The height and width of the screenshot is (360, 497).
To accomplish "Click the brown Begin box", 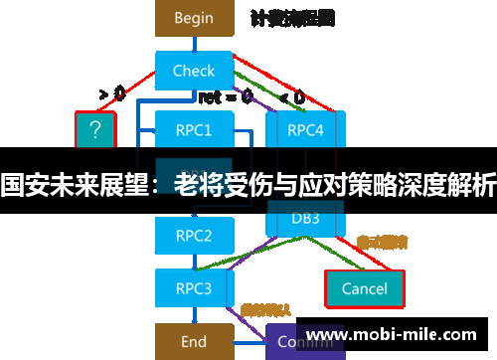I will (194, 18).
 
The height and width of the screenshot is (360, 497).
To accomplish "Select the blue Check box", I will (194, 71).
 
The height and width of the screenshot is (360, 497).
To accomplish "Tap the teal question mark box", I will (95, 129).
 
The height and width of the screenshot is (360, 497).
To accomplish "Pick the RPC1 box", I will (194, 129).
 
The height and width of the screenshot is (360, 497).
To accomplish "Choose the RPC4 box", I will (305, 129).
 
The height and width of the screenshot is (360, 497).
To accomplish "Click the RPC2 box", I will (194, 236).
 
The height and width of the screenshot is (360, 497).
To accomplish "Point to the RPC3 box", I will (194, 288).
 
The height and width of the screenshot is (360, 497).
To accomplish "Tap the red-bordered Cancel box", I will (364, 288).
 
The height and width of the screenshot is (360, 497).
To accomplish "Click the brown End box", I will (194, 342).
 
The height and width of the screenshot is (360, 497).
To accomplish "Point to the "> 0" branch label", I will (111, 94).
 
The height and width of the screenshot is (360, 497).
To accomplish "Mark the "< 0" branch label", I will (292, 96).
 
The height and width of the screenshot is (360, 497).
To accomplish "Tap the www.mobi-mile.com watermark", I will (398, 335).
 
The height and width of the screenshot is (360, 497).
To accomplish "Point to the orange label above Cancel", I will (382, 242).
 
